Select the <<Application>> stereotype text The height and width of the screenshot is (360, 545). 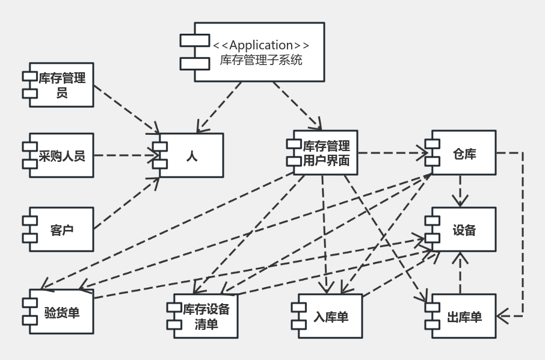coord(261,45)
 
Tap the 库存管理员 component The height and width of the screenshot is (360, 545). coord(62,85)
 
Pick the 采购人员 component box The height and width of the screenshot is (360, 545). coord(62,155)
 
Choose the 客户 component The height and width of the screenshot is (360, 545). coord(62,229)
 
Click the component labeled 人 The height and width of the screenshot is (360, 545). coord(192,155)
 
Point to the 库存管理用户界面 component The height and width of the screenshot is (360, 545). coord(325,153)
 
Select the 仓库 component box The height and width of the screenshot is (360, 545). coord(464,153)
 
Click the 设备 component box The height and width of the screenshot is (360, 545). coord(464,229)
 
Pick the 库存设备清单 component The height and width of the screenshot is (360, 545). coord(205,316)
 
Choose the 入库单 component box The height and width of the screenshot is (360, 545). coord(330,316)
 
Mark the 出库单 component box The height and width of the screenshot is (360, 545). coord(464,316)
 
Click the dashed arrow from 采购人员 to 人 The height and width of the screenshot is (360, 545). coord(123,155)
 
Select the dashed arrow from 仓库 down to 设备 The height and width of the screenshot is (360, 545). coord(461,191)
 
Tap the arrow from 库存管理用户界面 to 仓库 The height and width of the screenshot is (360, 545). coord(391,153)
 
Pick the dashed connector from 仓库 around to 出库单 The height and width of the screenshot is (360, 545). coord(522,235)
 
